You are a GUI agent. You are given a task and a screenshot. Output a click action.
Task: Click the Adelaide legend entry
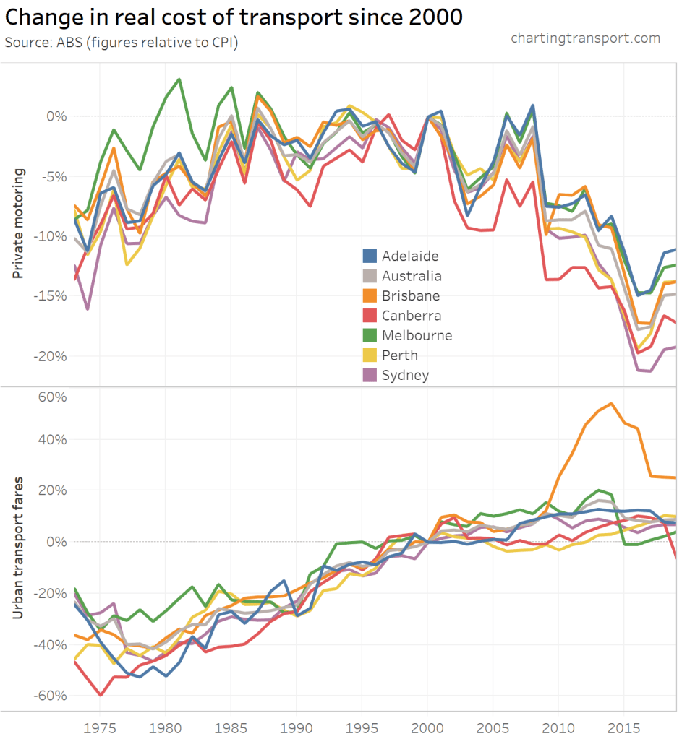coord(409,256)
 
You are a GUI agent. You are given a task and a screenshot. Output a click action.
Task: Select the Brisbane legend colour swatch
coord(370,295)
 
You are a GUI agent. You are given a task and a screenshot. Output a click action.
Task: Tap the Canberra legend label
coord(411,316)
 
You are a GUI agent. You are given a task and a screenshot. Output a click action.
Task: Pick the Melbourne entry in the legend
coord(417,335)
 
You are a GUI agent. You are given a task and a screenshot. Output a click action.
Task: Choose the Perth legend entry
coord(399,355)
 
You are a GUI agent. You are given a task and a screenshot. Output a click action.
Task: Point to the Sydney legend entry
coord(405,375)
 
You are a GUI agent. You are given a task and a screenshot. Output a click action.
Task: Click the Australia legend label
coord(412,276)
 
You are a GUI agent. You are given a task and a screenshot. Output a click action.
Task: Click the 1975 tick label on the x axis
coord(99,725)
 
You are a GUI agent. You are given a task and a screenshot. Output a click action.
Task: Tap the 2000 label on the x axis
coord(428,725)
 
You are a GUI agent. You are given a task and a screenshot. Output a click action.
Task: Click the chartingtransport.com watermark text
coord(585,38)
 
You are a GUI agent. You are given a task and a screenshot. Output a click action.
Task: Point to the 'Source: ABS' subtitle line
coord(122,42)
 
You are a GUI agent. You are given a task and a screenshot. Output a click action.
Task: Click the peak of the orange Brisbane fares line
coord(612,404)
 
